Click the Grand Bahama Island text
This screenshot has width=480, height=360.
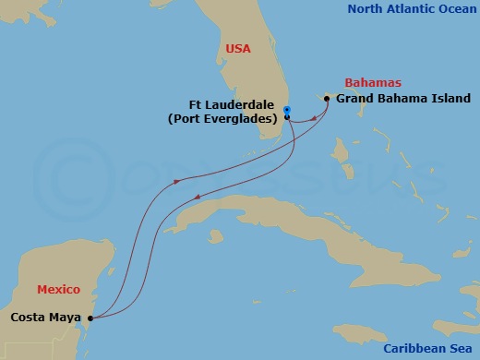tap(403, 99)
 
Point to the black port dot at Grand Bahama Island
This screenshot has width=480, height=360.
tap(327, 99)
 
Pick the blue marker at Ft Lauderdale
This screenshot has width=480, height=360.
tap(287, 110)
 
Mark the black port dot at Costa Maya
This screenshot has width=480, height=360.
tap(90, 318)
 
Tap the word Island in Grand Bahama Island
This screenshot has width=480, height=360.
tap(450, 99)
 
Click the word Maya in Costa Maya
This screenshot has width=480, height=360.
tap(65, 318)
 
